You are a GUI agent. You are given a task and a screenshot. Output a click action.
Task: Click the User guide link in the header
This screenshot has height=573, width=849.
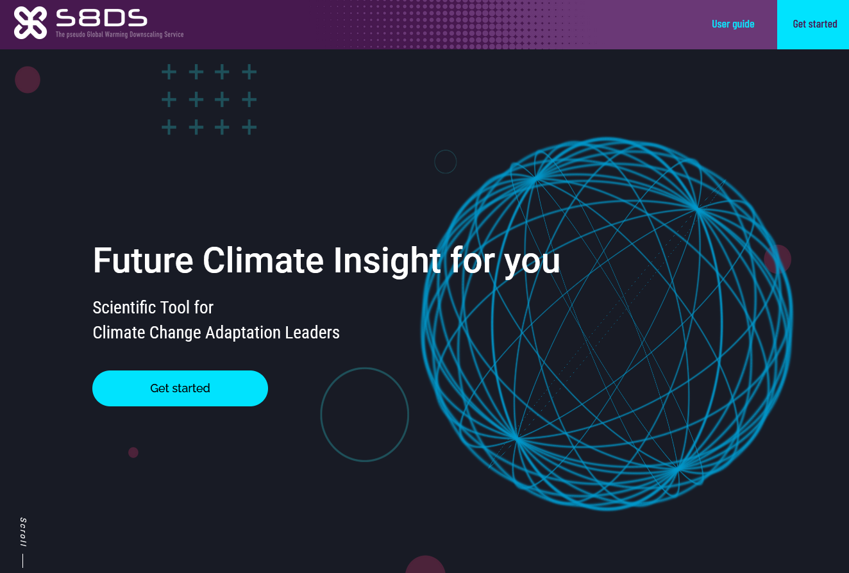733,24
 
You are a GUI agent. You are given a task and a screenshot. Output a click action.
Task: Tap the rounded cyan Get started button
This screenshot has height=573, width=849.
180,388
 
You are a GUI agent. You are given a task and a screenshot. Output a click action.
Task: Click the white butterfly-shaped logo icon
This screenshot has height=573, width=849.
30,22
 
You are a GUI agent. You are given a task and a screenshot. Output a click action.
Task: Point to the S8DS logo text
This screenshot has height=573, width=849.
101,18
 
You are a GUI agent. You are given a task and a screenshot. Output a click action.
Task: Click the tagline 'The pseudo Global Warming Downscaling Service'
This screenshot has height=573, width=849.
119,35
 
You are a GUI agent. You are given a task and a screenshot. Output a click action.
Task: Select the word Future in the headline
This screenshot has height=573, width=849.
143,260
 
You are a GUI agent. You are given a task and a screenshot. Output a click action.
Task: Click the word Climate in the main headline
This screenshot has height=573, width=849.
263,260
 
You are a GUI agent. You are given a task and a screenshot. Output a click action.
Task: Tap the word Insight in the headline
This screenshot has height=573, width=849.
387,262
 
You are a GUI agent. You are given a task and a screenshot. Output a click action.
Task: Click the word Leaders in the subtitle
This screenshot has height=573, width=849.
312,333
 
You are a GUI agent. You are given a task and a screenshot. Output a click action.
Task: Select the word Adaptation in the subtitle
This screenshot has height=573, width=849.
242,333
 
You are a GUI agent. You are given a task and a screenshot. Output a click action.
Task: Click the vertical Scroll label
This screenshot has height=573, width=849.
23,532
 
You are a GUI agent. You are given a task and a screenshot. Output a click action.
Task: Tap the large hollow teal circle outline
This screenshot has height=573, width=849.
321,415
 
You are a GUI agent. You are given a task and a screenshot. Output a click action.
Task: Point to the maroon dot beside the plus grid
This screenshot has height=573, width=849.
28,79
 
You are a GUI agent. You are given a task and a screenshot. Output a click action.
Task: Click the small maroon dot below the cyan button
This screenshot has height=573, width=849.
133,453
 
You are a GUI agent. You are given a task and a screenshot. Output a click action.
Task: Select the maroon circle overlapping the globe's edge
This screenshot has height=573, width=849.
777,260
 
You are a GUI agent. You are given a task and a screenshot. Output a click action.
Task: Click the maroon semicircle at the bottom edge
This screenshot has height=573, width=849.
425,565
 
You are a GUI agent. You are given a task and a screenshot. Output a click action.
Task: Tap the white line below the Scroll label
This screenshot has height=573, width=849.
22,561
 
